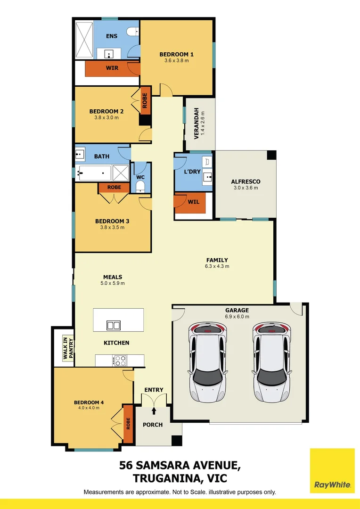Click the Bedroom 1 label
coord(176,54)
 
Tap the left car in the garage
coord(208,362)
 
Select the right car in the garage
coord(271,362)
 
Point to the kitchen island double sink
coord(113,325)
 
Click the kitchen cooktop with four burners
coord(120,361)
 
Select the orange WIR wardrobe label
coord(112,68)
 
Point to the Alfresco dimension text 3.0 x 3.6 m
coord(245,188)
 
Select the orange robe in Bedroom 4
coord(127,423)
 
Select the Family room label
coord(217,260)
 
